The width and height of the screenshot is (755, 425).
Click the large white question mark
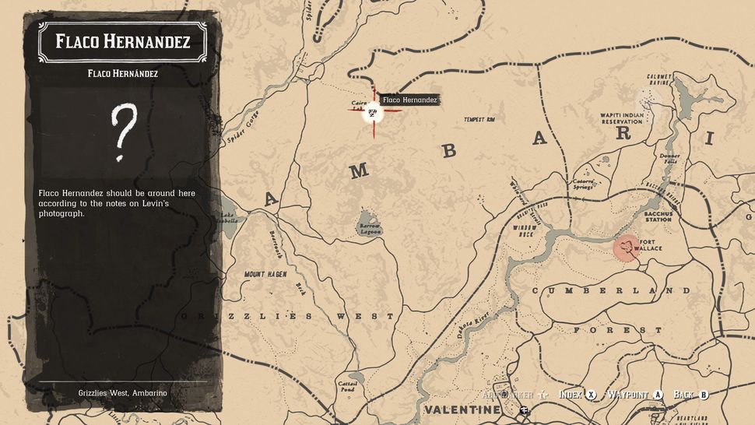pyautogui.click(x=124, y=132)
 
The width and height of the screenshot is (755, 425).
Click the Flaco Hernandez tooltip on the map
pyautogui.click(x=409, y=100)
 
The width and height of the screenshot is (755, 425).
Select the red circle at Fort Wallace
pyautogui.click(x=627, y=248)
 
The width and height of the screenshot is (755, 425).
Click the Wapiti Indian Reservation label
pyautogui.click(x=621, y=118)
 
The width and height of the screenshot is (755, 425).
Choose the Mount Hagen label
pyautogui.click(x=265, y=274)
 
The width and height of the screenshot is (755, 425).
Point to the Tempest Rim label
pyautogui.click(x=479, y=120)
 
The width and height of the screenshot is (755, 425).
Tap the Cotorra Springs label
pyautogui.click(x=584, y=184)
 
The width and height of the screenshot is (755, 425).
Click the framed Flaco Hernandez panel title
pyautogui.click(x=123, y=41)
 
